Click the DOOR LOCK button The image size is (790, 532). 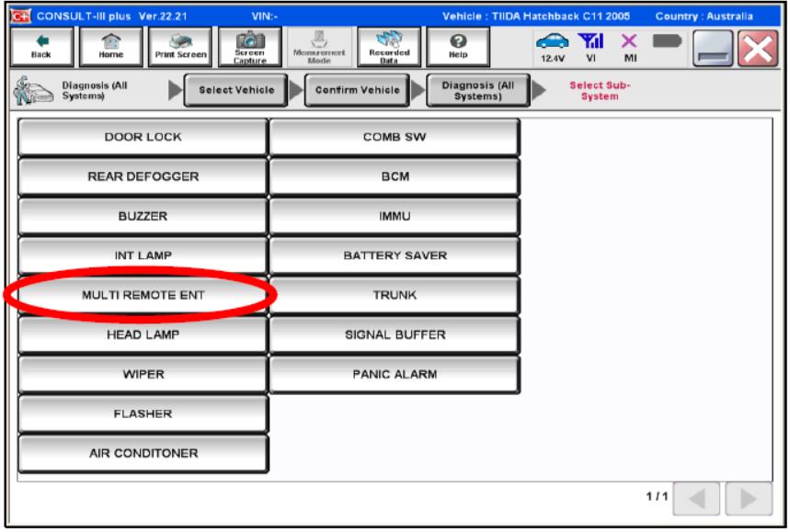(143, 137)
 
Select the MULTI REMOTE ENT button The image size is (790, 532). (143, 295)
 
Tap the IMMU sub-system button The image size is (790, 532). (395, 216)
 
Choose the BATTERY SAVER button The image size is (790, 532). (395, 255)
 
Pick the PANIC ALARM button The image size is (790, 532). (395, 374)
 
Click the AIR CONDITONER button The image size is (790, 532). (143, 453)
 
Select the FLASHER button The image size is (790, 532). (143, 413)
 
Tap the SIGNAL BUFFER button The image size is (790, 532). (395, 334)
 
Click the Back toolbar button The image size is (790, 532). (41, 47)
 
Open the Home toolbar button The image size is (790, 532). (111, 47)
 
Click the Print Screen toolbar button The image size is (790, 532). (180, 47)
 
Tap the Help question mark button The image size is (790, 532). (457, 47)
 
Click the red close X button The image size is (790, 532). (757, 49)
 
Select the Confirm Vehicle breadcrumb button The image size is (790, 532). (357, 90)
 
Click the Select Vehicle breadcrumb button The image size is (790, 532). (236, 90)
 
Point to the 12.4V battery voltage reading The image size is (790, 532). (553, 59)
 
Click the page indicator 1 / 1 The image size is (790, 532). (657, 496)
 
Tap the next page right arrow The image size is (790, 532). (749, 499)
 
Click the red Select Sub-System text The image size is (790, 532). (600, 91)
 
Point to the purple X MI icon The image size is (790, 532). (629, 40)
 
